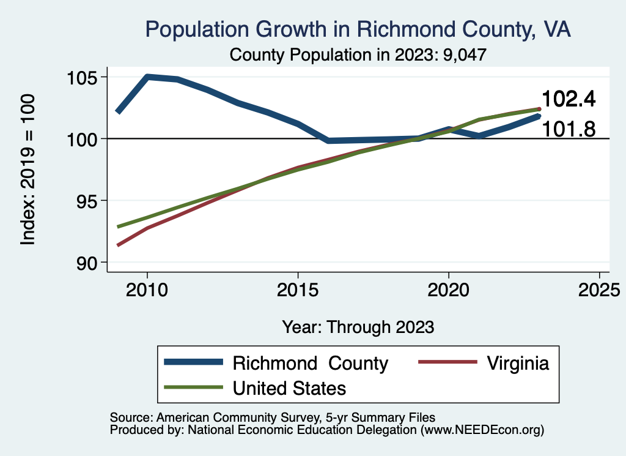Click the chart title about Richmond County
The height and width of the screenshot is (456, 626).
[358, 29]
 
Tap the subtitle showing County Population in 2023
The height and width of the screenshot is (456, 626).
[358, 54]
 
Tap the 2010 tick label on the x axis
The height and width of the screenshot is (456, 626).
[147, 289]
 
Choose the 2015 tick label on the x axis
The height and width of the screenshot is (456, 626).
[298, 289]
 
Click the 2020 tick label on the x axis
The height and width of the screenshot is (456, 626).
[448, 289]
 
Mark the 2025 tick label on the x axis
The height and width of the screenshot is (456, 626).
[599, 289]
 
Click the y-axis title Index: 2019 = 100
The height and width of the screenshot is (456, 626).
[28, 170]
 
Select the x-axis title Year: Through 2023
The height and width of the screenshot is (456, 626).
[358, 327]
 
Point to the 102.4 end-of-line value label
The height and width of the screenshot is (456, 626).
[569, 99]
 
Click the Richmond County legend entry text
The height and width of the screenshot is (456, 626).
[310, 363]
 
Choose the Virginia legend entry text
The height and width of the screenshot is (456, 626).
[518, 363]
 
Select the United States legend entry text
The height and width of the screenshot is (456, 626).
[289, 387]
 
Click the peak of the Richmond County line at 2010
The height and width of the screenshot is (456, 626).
[147, 77]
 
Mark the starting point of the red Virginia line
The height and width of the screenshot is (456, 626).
[118, 245]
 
